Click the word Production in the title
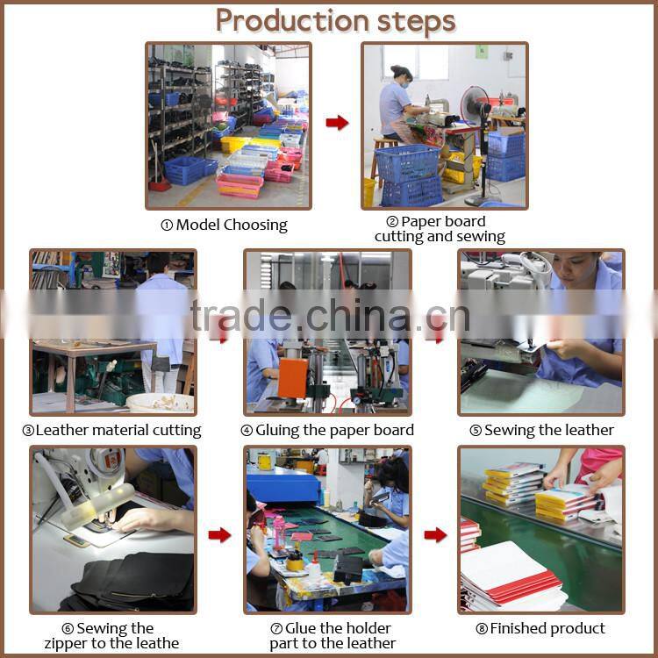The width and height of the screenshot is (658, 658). [292, 21]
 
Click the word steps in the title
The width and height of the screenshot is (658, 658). [416, 23]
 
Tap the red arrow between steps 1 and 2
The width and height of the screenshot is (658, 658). [337, 123]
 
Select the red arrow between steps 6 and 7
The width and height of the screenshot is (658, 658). [219, 534]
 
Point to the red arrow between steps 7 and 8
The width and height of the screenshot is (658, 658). [435, 534]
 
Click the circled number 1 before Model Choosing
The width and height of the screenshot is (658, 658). [167, 225]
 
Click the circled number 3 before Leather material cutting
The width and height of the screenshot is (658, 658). [28, 431]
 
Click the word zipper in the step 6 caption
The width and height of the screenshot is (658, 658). [66, 643]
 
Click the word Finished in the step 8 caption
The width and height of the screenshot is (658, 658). [518, 628]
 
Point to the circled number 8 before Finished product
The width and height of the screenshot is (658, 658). [482, 629]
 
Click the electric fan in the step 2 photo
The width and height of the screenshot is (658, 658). [477, 106]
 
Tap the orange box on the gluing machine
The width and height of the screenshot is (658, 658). [292, 378]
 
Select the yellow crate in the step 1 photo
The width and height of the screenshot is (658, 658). [232, 145]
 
